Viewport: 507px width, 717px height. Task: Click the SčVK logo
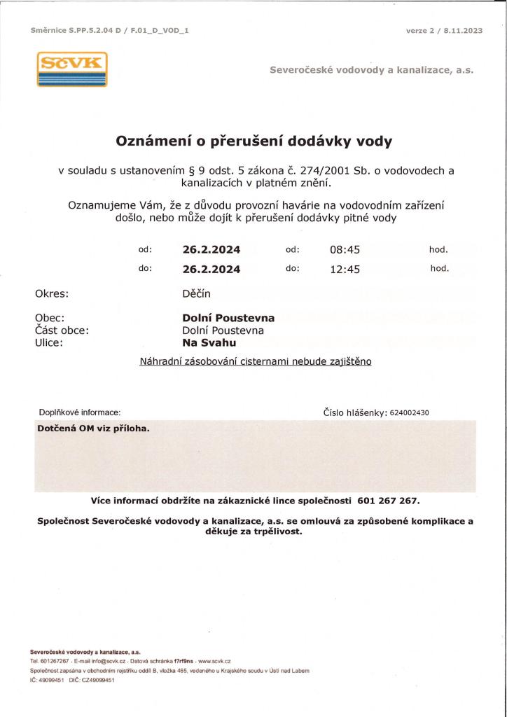[72, 69]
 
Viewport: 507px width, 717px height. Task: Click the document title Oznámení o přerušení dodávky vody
[253, 141]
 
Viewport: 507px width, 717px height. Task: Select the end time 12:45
[345, 270]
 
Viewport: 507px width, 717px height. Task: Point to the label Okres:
[52, 294]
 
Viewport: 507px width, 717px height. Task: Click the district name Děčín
[196, 294]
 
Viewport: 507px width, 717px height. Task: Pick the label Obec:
[50, 318]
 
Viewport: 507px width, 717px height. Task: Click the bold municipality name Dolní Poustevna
[228, 318]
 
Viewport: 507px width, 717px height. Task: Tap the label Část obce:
[62, 330]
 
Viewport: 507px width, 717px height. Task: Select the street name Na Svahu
[209, 343]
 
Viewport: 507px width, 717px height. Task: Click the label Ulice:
[49, 343]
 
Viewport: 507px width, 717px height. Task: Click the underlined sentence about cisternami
[256, 361]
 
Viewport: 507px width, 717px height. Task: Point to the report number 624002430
[409, 413]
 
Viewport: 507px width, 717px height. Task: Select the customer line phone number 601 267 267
[388, 501]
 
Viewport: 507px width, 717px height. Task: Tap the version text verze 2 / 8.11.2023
[444, 31]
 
